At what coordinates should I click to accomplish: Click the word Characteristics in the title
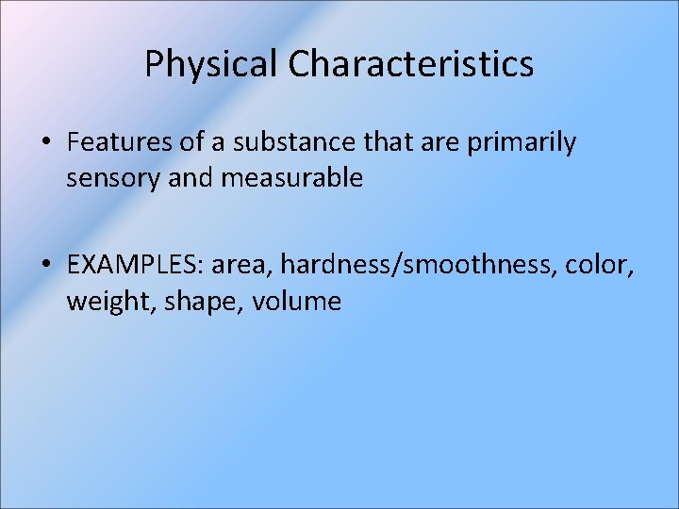[411, 64]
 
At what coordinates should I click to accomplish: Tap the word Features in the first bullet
[110, 143]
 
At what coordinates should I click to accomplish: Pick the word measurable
[291, 177]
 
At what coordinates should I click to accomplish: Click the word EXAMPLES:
[136, 267]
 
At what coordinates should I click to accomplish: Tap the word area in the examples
[240, 267]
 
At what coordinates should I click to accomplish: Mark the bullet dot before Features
[46, 144]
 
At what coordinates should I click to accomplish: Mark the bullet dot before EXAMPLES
[46, 268]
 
